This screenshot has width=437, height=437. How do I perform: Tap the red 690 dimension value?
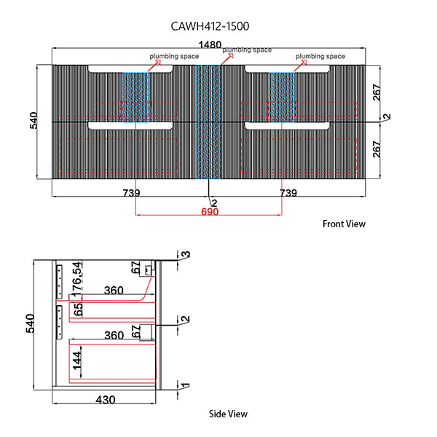(209, 212)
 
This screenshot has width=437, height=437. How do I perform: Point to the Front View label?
(344, 224)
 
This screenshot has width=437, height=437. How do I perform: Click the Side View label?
(228, 414)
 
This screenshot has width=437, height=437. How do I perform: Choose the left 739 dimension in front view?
(131, 193)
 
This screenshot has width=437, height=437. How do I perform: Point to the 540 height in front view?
(34, 121)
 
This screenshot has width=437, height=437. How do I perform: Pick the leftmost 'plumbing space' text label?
(175, 56)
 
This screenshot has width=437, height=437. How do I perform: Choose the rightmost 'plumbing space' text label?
(320, 56)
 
